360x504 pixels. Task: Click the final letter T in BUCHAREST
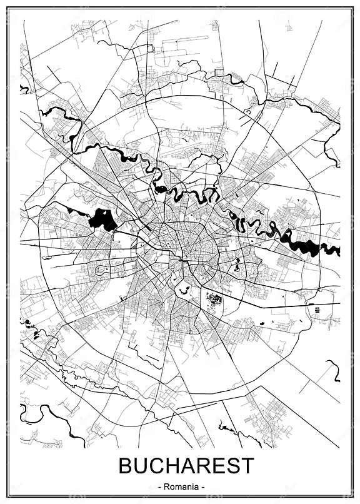coord(247,466)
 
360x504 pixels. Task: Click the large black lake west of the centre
coord(103,219)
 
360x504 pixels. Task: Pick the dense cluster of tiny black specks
coord(214,298)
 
